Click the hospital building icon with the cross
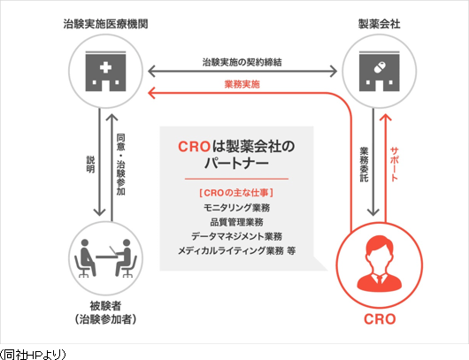tap(105, 71)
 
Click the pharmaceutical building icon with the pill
tap(380, 71)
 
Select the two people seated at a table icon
tap(105, 258)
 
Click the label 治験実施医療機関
tap(105, 24)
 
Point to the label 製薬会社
tap(380, 24)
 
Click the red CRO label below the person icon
tap(380, 319)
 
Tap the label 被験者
tap(105, 305)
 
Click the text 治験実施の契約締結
tap(242, 62)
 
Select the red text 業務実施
tap(242, 84)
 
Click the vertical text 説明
tap(90, 165)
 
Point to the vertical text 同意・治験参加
tap(120, 165)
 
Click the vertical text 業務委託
tap(364, 165)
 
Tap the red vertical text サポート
tap(394, 165)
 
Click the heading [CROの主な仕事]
tap(236, 193)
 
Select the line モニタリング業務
tap(236, 208)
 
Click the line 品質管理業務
tap(236, 222)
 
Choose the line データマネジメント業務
tap(236, 236)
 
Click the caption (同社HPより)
tap(33, 355)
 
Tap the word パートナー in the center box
tap(236, 164)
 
